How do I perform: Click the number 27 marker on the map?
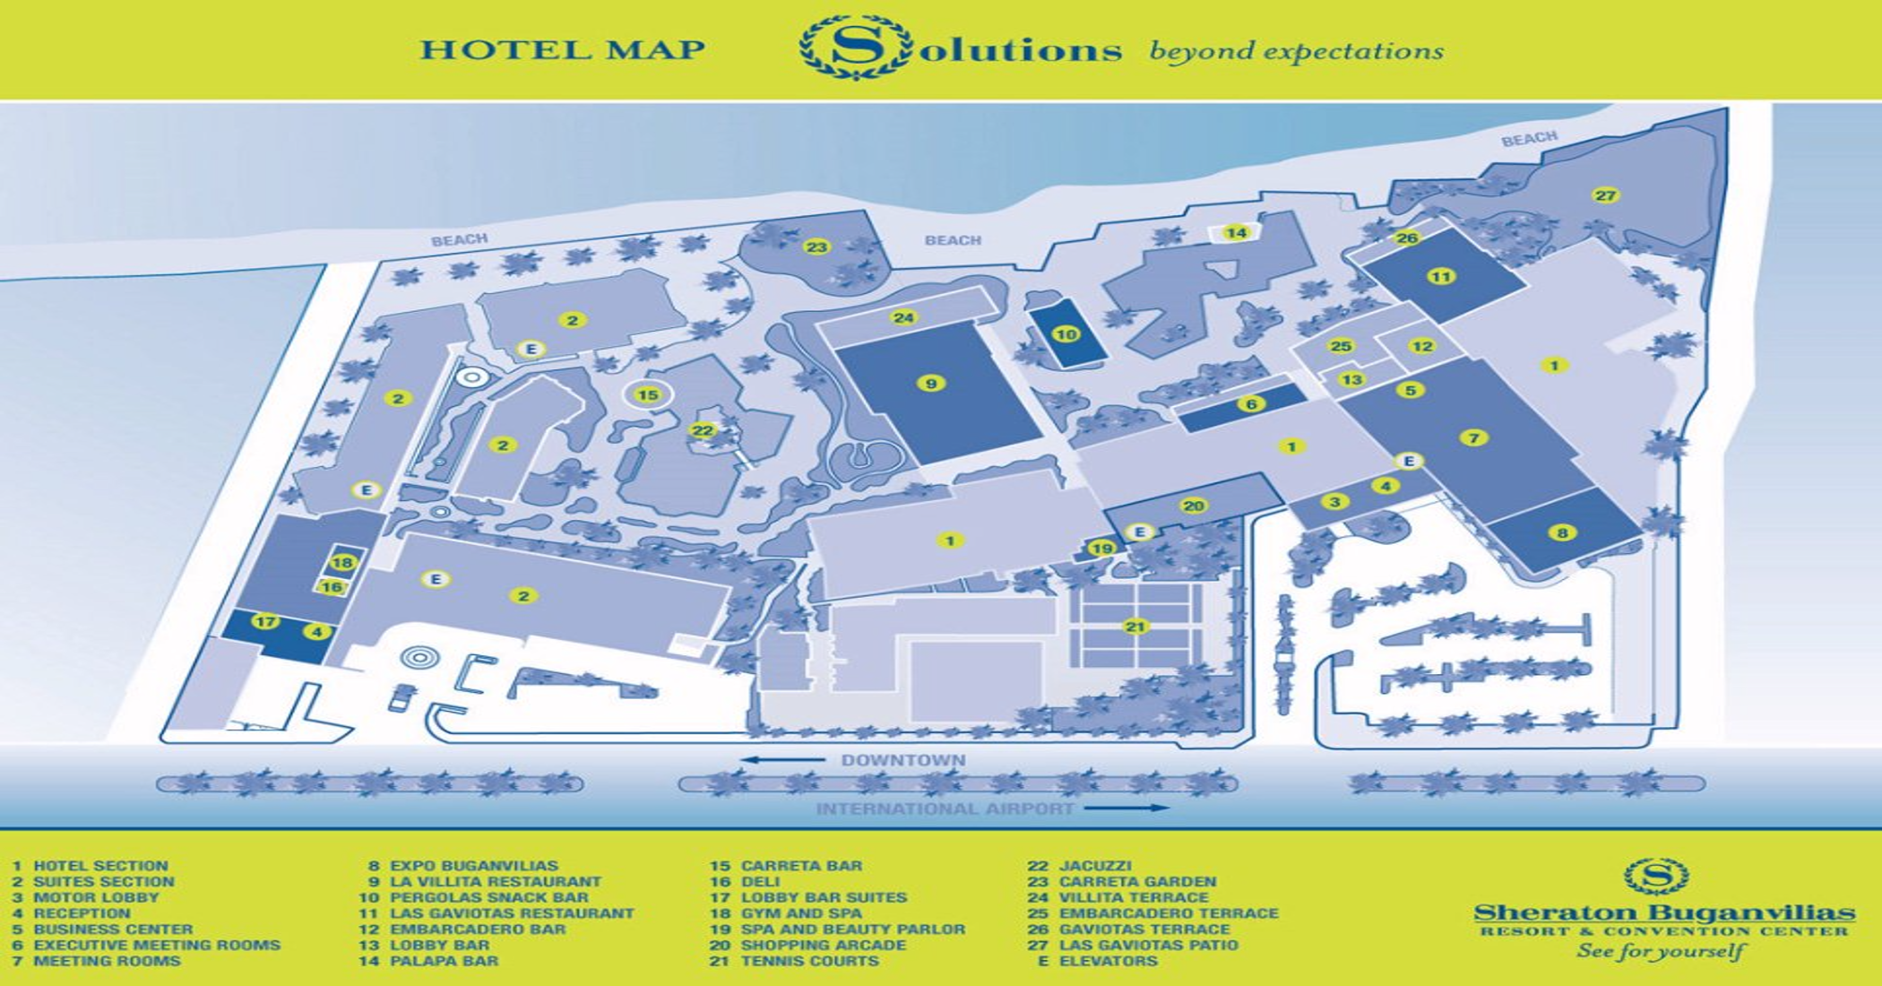(1605, 195)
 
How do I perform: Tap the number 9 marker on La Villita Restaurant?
(931, 384)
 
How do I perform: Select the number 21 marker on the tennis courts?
(1135, 627)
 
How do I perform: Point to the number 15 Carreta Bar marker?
(647, 394)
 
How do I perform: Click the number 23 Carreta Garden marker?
(816, 246)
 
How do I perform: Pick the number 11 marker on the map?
(1441, 276)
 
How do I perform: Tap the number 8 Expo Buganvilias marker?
(1562, 532)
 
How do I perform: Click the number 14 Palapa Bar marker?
(1237, 233)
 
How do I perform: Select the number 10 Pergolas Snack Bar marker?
(1066, 334)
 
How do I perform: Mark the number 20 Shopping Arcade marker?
(1194, 506)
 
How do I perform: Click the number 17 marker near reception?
(266, 621)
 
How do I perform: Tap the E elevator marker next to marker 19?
(1140, 532)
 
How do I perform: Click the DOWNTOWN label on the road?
(902, 760)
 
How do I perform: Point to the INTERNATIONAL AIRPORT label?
(945, 809)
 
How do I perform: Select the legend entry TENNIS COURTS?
(809, 961)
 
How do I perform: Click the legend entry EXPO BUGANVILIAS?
(473, 866)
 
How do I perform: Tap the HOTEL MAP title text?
(562, 48)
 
